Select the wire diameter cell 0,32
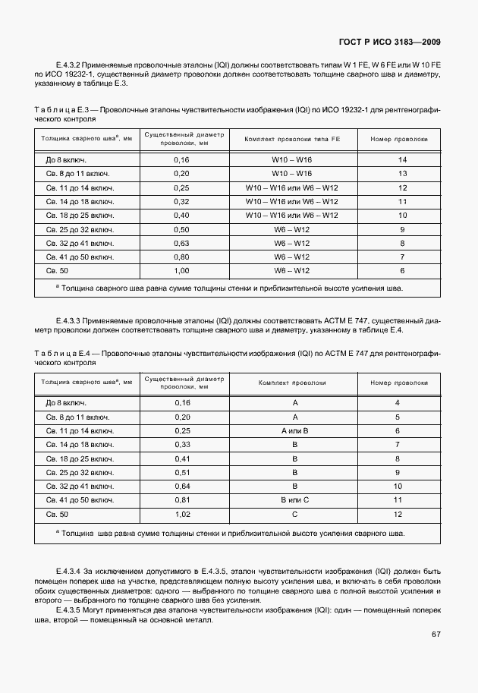point(181,201)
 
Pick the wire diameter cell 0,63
point(181,243)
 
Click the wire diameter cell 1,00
point(181,270)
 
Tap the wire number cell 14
point(403,160)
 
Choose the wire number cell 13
point(403,174)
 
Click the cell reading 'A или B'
point(295,430)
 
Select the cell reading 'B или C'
point(295,500)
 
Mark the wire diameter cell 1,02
point(182,515)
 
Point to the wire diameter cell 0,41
point(182,458)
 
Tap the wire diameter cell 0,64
point(182,487)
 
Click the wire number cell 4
point(398,402)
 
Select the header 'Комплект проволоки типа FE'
point(291,140)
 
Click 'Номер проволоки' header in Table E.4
point(398,383)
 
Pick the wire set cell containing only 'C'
point(295,515)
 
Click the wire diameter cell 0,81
point(182,500)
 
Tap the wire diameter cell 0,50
point(181,229)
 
